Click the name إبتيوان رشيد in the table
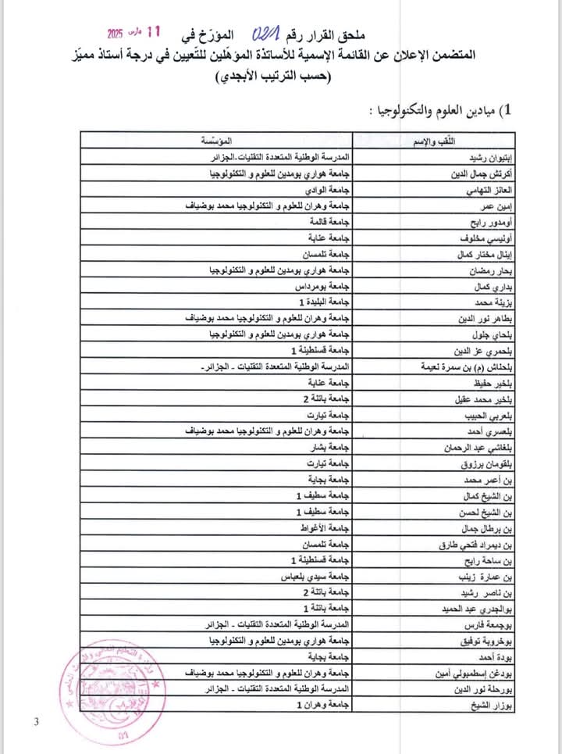489,158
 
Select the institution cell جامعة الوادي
323,190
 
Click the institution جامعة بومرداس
319,287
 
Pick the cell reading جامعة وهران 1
320,705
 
